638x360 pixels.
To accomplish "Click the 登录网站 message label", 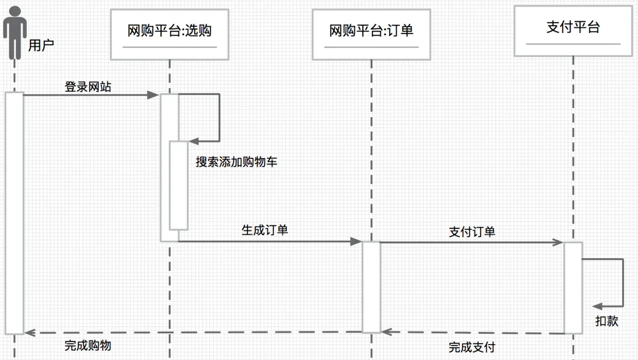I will (x=87, y=86).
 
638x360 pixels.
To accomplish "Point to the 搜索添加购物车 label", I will (x=236, y=162).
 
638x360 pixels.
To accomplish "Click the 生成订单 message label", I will (x=265, y=230).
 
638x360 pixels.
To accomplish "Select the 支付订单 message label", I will (x=472, y=232).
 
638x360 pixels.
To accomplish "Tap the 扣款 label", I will (x=607, y=321).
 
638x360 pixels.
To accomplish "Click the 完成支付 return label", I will (x=472, y=347).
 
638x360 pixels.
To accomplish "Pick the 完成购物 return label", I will (x=87, y=345).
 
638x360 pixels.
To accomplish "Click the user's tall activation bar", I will (x=15, y=213).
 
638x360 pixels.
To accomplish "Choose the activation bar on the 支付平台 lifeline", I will (x=573, y=288).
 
